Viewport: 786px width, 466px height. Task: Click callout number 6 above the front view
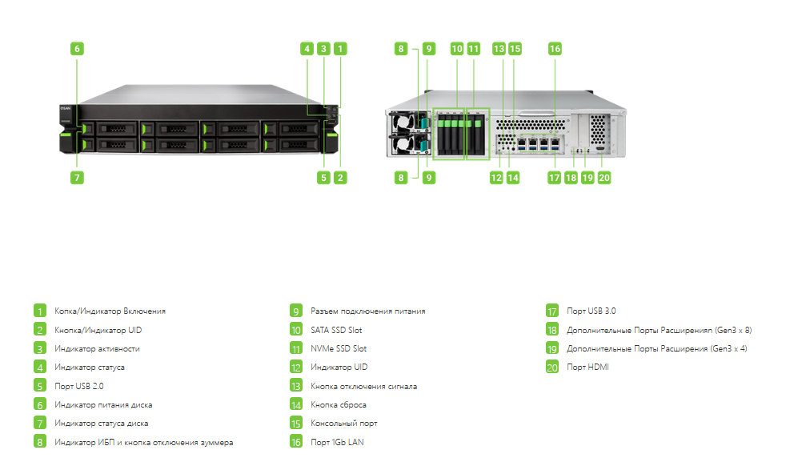point(77,49)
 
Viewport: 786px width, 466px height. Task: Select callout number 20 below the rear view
point(604,178)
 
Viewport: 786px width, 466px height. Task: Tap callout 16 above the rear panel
point(555,49)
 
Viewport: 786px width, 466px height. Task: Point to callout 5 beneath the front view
point(323,178)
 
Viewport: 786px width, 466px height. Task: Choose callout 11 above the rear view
point(473,49)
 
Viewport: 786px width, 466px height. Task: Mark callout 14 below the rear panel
point(513,178)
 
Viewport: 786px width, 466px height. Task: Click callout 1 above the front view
point(340,49)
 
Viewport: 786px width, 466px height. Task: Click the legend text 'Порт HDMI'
point(587,368)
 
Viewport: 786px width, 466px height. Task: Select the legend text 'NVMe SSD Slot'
point(339,348)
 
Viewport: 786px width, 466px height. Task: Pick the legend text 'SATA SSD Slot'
point(336,330)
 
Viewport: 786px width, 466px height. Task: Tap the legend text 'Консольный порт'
point(344,424)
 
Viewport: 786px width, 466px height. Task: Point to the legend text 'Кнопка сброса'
point(339,405)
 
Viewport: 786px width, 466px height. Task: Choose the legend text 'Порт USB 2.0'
point(78,386)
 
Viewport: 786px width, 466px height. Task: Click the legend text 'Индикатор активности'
point(97,348)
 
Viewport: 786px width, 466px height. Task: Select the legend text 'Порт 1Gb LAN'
point(337,443)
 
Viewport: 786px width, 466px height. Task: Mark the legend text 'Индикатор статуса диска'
point(102,424)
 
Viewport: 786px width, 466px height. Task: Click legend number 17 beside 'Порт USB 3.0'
point(552,311)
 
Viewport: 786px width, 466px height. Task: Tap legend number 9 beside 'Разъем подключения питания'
point(296,311)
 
